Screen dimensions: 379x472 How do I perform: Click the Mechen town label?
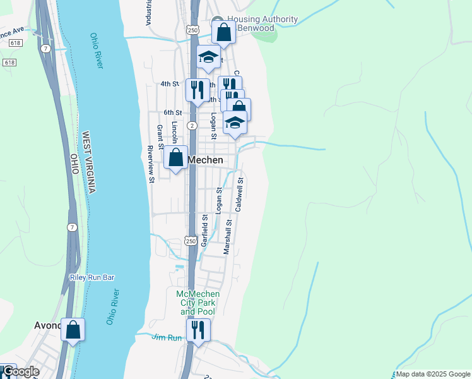[206, 160]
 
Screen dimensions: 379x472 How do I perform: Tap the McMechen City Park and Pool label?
[198, 303]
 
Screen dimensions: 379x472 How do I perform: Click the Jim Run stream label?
[167, 338]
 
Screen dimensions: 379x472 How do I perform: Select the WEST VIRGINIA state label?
[88, 162]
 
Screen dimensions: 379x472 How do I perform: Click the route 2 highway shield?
[191, 126]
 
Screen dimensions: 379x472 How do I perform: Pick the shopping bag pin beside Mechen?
[176, 158]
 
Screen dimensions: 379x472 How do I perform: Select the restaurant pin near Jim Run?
[198, 330]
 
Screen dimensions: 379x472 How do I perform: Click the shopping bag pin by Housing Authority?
[223, 32]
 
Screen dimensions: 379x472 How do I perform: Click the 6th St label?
[173, 112]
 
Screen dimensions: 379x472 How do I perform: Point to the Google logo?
[20, 372]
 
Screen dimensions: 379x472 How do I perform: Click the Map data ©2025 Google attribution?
[433, 374]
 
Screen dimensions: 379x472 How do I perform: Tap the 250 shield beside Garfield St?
[191, 241]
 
